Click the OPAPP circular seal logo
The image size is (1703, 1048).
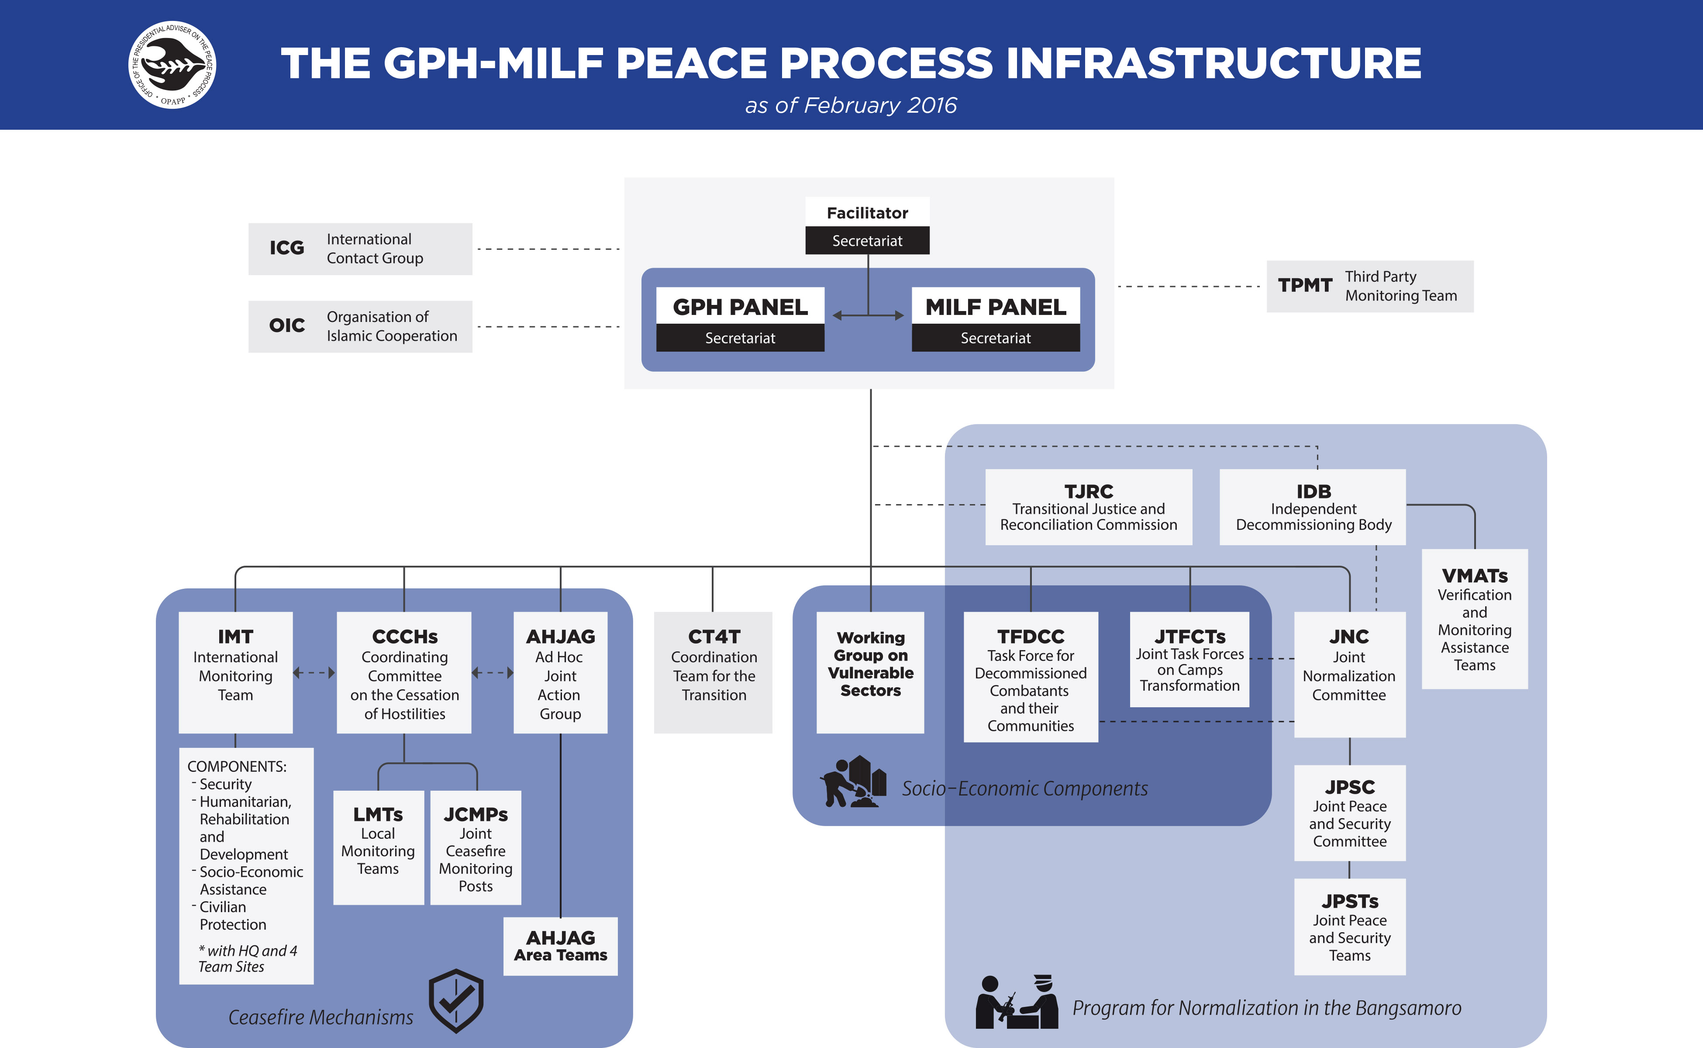pos(172,65)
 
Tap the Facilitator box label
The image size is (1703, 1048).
pos(867,213)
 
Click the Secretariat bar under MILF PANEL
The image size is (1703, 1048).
pos(996,338)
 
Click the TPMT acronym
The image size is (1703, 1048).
pos(1305,286)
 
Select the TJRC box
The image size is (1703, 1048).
pos(1089,507)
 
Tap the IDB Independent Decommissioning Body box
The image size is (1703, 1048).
pos(1313,507)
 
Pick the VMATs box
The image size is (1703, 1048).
pos(1474,619)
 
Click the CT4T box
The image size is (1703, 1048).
pos(713,672)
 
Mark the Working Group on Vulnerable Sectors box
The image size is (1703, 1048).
pos(870,672)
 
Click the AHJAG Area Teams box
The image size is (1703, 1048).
pos(561,947)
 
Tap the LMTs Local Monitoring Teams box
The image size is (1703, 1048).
pos(378,847)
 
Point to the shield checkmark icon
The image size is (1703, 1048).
pos(456,1001)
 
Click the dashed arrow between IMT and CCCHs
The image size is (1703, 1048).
pos(314,672)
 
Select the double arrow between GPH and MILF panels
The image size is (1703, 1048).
pos(868,315)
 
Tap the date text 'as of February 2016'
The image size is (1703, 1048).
pos(851,105)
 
